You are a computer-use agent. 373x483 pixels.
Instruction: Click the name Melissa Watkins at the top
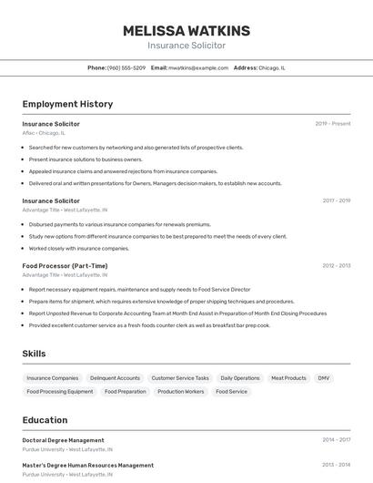[186, 31]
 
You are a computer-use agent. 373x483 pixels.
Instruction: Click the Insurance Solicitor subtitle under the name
[186, 46]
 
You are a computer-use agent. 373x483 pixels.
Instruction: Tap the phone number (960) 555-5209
[126, 67]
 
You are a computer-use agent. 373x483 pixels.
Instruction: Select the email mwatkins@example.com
[198, 67]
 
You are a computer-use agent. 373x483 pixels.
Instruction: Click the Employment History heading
[67, 104]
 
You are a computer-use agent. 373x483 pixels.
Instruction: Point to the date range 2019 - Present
[333, 124]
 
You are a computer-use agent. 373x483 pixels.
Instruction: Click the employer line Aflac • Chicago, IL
[44, 133]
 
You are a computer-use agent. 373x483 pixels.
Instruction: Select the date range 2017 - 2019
[336, 200]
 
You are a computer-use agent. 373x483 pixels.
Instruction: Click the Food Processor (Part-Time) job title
[65, 266]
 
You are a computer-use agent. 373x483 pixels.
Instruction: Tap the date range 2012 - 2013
[336, 266]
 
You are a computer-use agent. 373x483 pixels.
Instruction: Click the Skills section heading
[34, 354]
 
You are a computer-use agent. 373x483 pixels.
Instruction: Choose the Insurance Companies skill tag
[53, 377]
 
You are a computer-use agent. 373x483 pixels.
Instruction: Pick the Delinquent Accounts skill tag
[115, 377]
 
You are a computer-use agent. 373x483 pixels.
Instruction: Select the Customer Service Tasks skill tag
[180, 377]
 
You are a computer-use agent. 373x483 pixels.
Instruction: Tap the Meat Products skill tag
[288, 377]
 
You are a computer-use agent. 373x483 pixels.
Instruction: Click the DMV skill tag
[324, 377]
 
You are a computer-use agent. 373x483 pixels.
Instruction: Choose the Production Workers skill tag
[181, 391]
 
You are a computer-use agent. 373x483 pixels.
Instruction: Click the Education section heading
[45, 420]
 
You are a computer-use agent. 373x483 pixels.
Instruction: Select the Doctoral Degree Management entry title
[63, 440]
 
